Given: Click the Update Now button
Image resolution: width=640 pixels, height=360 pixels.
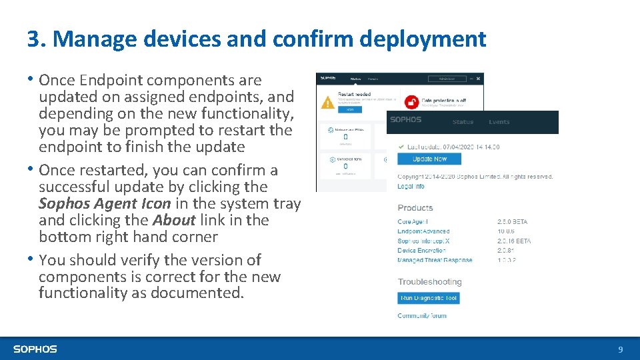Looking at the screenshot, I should [429, 159].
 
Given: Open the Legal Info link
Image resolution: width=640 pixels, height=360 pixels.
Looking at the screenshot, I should [411, 187].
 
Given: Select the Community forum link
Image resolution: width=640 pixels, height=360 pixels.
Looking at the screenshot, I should [422, 316].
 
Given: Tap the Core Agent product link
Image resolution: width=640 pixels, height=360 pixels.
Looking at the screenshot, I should [413, 221].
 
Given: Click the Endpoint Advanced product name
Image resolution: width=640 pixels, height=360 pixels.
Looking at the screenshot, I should [423, 231].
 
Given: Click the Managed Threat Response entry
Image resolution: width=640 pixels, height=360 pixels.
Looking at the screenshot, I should [435, 260].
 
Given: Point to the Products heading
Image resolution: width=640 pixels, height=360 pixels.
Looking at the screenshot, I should [415, 208].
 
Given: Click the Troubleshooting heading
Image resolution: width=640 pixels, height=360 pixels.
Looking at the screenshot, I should [429, 282].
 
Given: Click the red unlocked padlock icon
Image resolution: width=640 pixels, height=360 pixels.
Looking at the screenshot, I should [411, 102].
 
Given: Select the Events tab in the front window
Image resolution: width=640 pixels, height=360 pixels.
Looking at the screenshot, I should [499, 122].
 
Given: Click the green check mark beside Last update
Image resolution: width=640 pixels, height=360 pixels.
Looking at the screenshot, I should [401, 147].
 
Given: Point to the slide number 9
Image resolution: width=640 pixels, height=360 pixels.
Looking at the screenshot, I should [621, 349].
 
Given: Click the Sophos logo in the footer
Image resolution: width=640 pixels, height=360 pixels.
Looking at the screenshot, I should [35, 349].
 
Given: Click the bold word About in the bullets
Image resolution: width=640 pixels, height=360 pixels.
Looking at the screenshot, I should [174, 221].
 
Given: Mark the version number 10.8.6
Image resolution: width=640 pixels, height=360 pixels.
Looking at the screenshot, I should [506, 231].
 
